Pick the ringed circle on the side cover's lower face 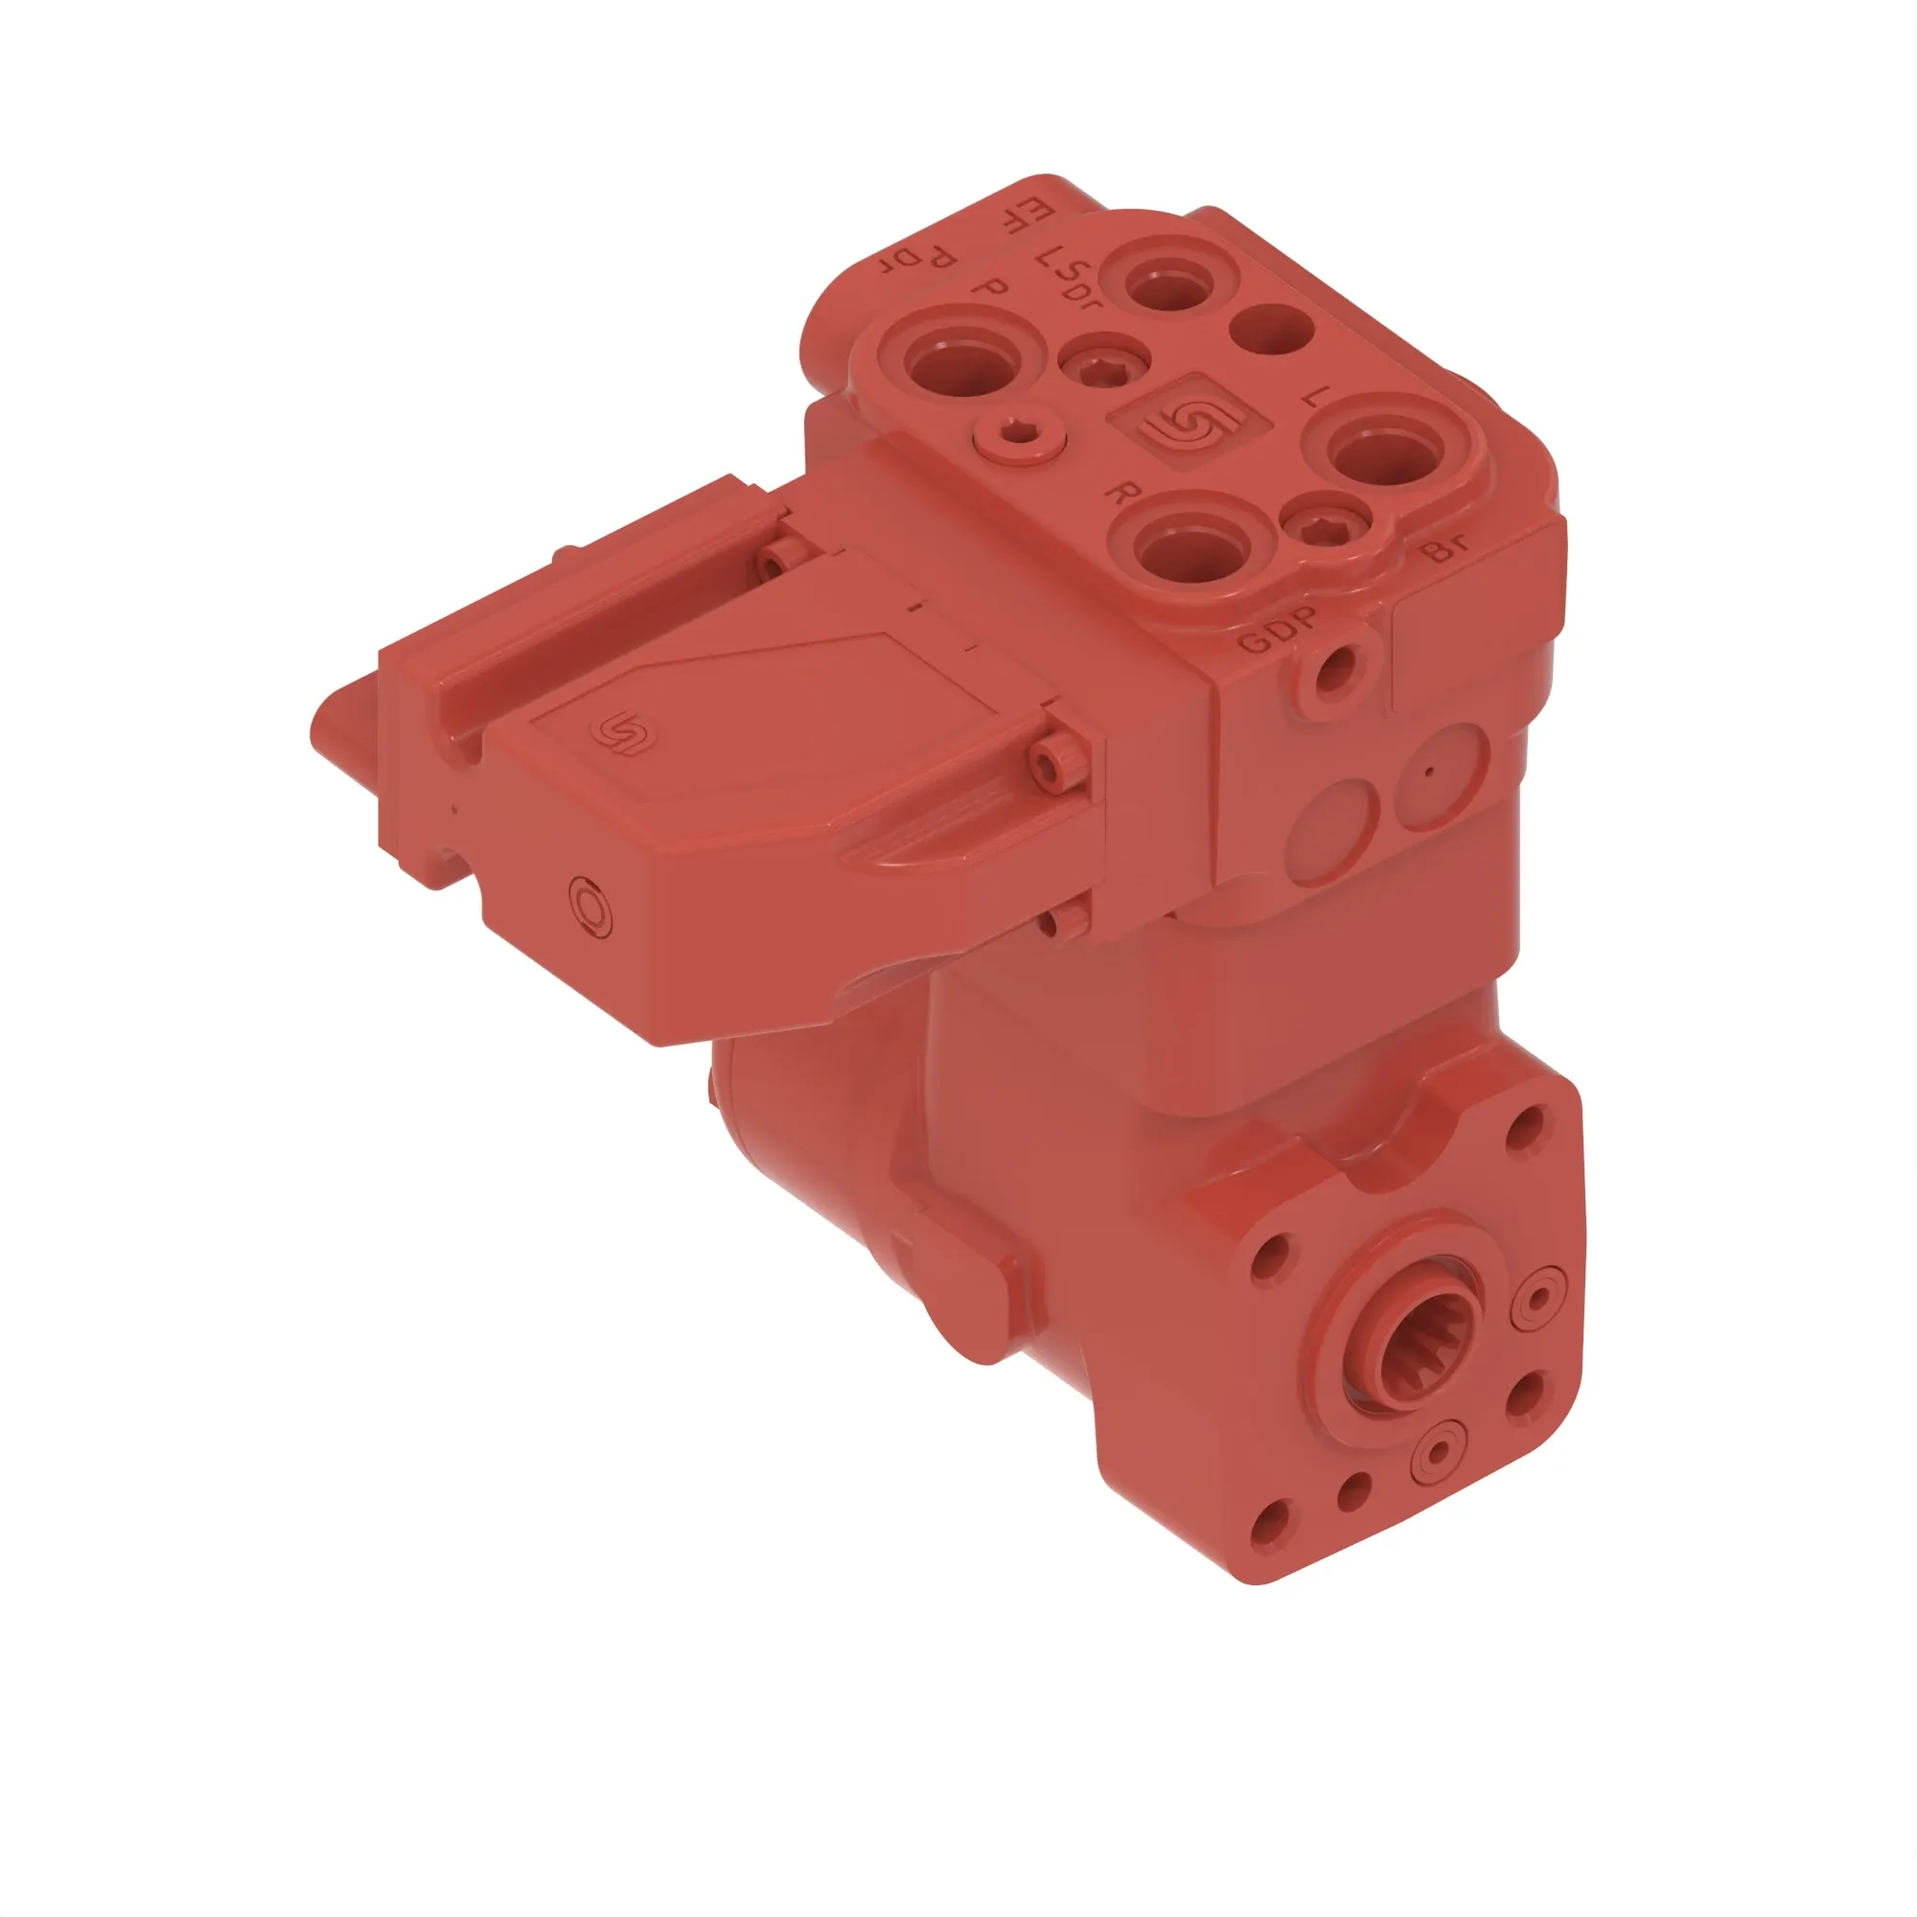(591, 906)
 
